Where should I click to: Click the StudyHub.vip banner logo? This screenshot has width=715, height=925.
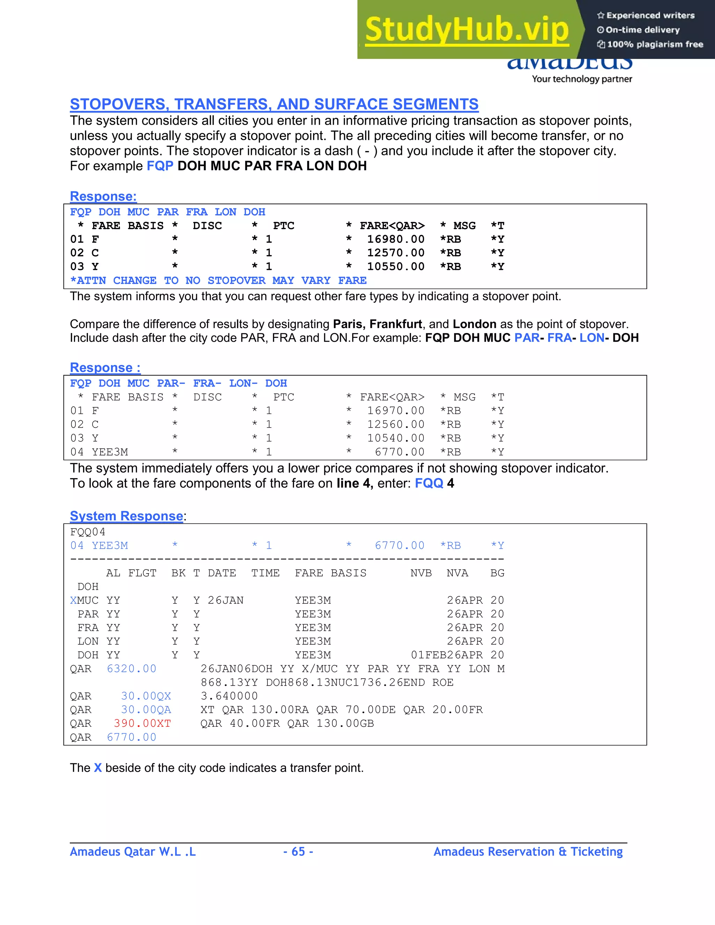pyautogui.click(x=466, y=30)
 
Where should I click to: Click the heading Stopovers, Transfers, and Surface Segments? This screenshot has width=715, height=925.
pyautogui.click(x=274, y=104)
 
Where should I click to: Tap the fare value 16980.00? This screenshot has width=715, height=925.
pyautogui.click(x=395, y=239)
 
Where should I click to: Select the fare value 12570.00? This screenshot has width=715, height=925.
pyautogui.click(x=395, y=253)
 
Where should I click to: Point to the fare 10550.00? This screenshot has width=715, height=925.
pyautogui.click(x=395, y=266)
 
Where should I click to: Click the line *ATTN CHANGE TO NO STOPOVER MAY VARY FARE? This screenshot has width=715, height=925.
pyautogui.click(x=218, y=280)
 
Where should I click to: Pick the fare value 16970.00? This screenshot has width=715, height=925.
pyautogui.click(x=395, y=411)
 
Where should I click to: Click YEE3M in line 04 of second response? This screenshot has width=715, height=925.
pyautogui.click(x=110, y=452)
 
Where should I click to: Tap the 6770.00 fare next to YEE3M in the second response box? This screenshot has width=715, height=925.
pyautogui.click(x=399, y=452)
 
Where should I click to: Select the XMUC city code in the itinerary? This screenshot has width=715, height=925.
pyautogui.click(x=84, y=601)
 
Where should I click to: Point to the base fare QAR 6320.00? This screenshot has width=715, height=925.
pyautogui.click(x=131, y=669)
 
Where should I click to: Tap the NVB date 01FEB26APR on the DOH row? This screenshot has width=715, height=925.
pyautogui.click(x=447, y=655)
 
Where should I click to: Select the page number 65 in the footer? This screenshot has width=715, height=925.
pyautogui.click(x=298, y=852)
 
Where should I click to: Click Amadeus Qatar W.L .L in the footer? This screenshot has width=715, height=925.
pyautogui.click(x=133, y=852)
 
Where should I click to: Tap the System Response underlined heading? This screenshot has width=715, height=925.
pyautogui.click(x=126, y=516)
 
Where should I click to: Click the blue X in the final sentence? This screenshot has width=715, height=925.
pyautogui.click(x=98, y=768)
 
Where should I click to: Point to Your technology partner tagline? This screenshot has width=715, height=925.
pyautogui.click(x=582, y=79)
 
